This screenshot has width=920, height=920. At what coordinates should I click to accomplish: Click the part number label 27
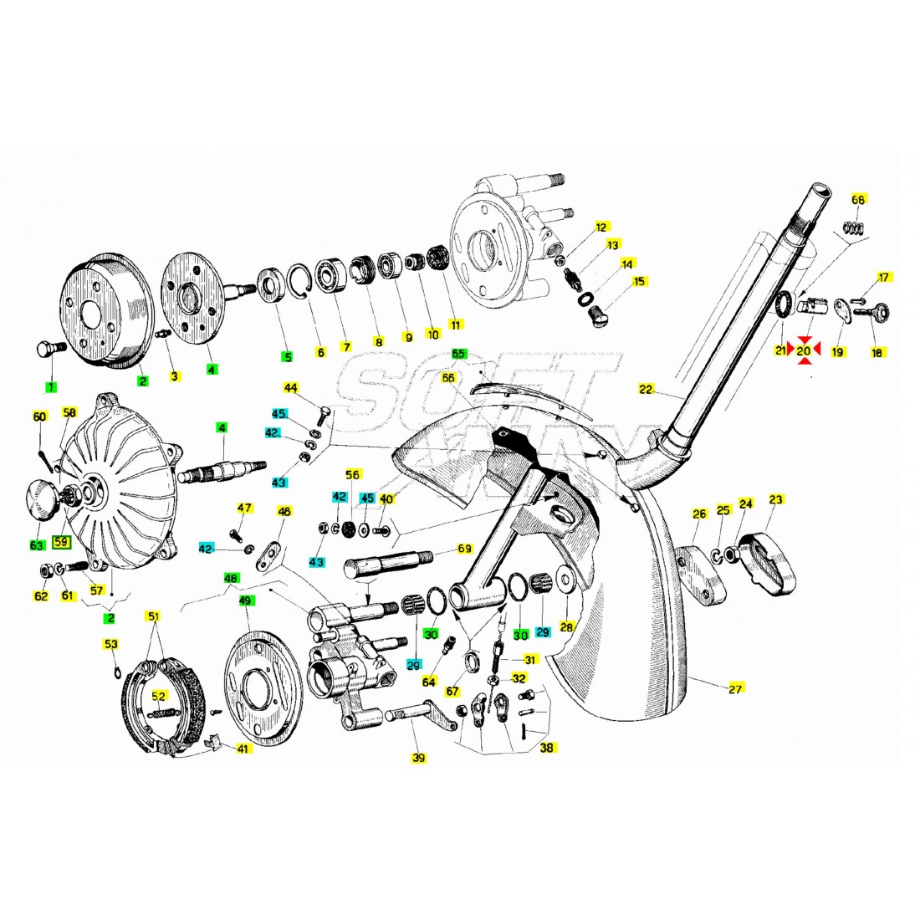click(736, 689)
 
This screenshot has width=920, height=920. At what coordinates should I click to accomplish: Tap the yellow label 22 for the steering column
click(646, 389)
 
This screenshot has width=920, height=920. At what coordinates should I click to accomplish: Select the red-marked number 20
click(804, 351)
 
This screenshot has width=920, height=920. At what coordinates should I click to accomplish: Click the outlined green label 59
click(61, 542)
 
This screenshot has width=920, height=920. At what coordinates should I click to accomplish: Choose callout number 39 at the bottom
click(418, 758)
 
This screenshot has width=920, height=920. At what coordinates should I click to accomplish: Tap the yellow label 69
click(465, 549)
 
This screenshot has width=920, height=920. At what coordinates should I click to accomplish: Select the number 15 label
click(640, 281)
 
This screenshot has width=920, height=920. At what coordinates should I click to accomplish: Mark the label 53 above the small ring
click(111, 644)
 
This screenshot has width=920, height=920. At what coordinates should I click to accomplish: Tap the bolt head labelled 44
click(323, 411)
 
